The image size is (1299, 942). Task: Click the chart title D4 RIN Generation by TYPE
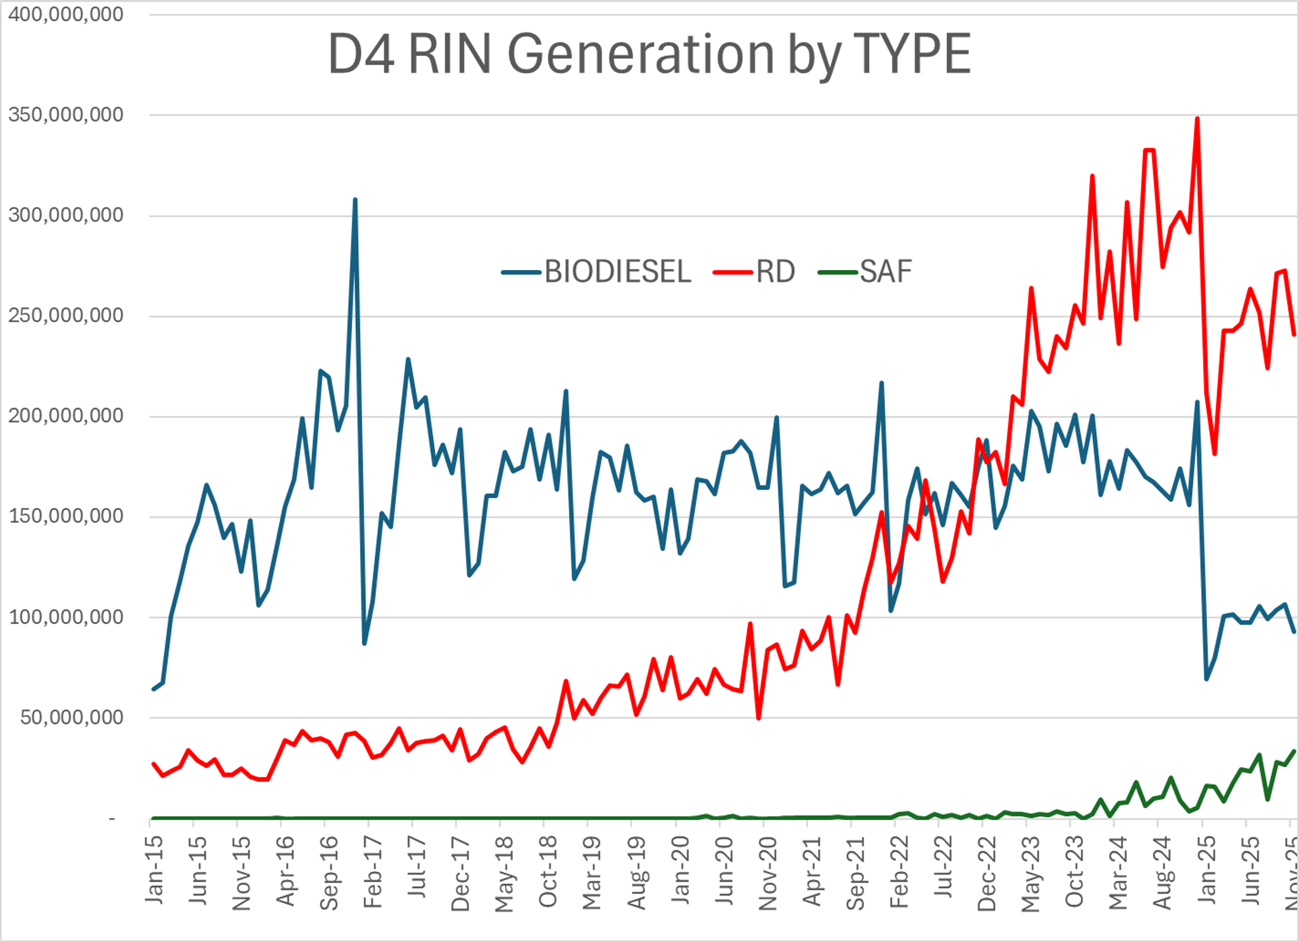click(x=649, y=54)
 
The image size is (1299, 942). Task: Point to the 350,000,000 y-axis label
click(x=66, y=115)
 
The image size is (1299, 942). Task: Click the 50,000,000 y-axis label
click(x=72, y=717)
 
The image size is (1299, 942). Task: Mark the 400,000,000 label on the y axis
click(x=66, y=14)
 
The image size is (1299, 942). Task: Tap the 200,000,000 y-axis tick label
click(x=66, y=416)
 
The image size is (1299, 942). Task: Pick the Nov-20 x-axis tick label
click(x=768, y=873)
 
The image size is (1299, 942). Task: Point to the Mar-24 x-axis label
click(x=1118, y=873)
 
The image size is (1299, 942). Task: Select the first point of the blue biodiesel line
click(x=153, y=689)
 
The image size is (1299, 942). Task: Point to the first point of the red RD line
click(x=153, y=763)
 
